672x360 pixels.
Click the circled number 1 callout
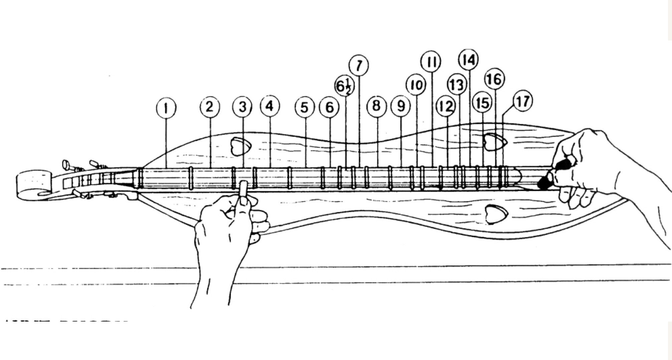[166, 108]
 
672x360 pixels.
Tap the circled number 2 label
[210, 107]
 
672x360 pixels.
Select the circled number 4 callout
[270, 107]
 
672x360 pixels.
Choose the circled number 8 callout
[376, 107]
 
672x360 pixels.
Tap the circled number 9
[401, 107]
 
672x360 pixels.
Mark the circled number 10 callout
[416, 85]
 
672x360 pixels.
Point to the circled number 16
[495, 79]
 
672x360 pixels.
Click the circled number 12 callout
[446, 107]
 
